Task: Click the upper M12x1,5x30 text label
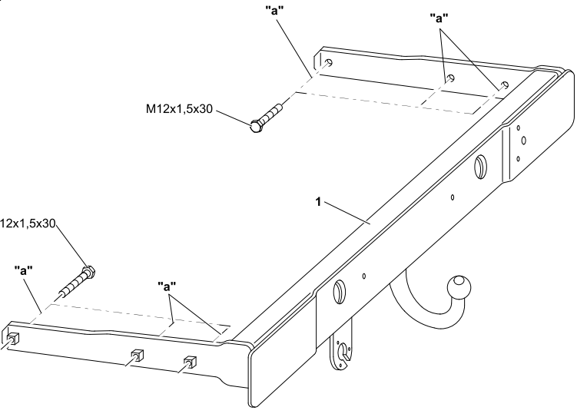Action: (179, 109)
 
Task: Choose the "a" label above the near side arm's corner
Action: (167, 286)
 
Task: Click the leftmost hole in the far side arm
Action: (328, 63)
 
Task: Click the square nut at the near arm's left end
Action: (14, 338)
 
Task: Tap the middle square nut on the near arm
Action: (136, 355)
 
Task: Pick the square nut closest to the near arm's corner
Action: (188, 362)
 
